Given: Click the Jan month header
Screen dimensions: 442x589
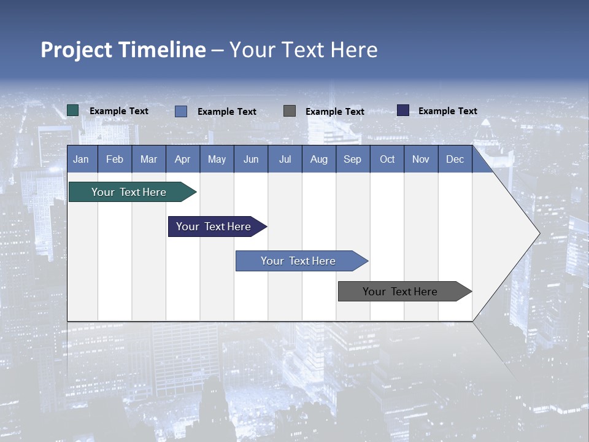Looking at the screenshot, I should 81,159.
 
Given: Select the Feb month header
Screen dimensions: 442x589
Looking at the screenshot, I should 115,159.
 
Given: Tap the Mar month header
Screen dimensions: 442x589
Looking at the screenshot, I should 148,159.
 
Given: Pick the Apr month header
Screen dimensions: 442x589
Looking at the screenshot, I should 183,159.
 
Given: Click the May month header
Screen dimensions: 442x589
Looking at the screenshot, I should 217,159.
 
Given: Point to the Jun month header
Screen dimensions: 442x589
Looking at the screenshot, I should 251,159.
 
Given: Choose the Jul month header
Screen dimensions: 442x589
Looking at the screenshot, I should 285,159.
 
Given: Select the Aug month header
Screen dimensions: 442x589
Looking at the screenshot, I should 319,159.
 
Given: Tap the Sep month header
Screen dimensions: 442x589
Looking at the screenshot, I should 353,159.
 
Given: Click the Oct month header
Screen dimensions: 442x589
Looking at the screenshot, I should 387,159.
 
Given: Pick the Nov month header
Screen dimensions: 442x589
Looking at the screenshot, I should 421,159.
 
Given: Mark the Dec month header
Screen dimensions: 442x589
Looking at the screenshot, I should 455,159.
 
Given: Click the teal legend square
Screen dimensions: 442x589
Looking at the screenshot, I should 73,110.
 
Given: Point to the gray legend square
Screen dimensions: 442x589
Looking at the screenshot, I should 290,110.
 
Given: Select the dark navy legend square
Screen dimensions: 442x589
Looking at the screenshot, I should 403,110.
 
